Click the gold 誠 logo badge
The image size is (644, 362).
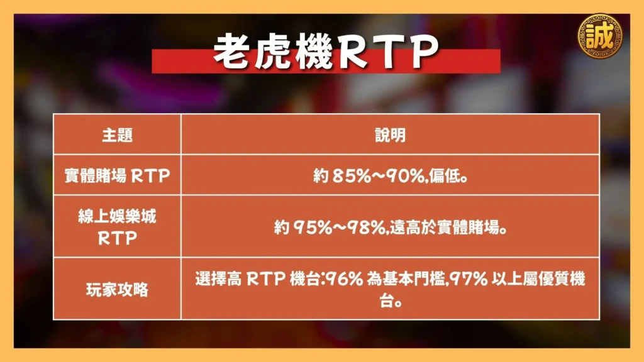(601, 36)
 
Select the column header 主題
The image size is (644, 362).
(117, 135)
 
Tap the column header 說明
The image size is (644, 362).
(390, 135)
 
